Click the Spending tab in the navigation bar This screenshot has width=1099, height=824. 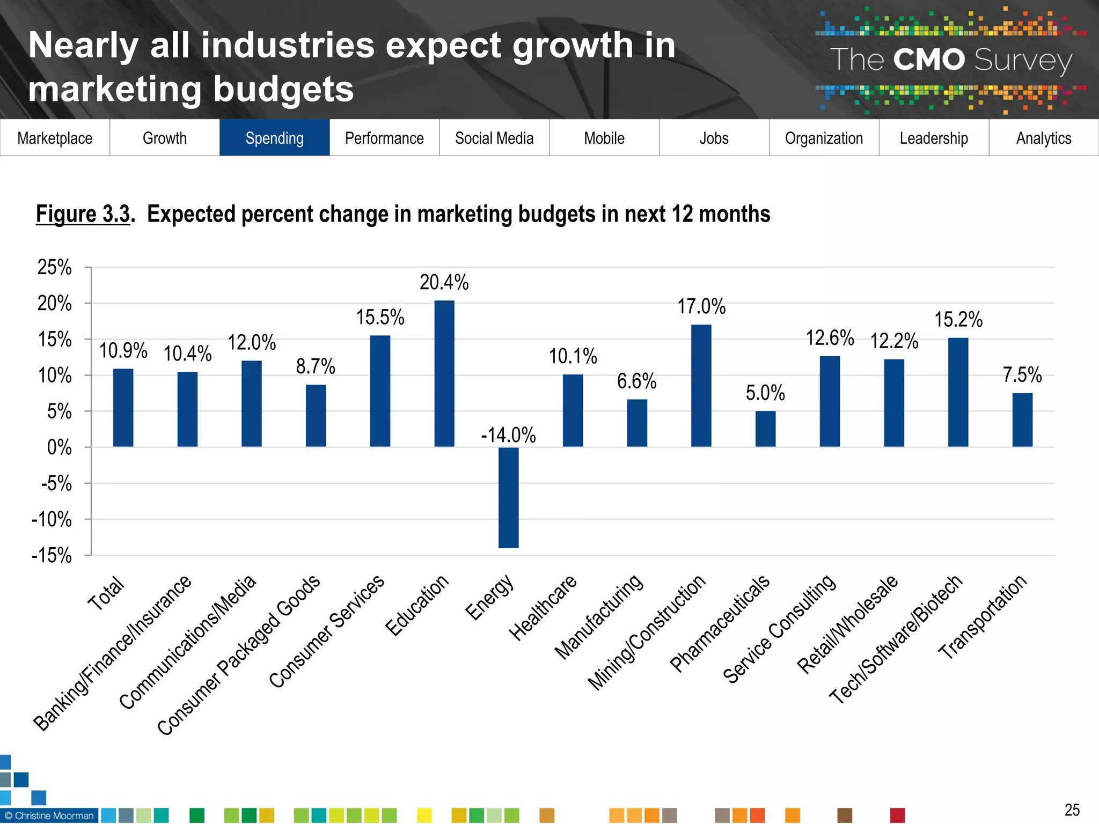[274, 138]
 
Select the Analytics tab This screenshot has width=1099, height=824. [1043, 138]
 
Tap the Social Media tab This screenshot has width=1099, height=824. [494, 138]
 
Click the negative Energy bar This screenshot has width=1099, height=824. [508, 497]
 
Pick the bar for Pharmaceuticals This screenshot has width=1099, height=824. [765, 429]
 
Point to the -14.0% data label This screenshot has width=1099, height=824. [508, 435]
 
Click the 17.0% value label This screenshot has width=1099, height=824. [701, 306]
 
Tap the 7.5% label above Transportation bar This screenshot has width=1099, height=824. [1022, 374]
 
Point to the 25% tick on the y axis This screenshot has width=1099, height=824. [55, 267]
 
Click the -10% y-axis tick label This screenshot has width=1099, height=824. [52, 519]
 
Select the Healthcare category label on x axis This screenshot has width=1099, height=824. [543, 608]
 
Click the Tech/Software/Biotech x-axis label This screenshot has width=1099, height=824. [896, 639]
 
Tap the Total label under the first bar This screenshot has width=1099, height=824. [106, 594]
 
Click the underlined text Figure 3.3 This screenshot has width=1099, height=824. [83, 214]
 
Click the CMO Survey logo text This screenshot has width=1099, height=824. [951, 60]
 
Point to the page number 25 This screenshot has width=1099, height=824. [1072, 810]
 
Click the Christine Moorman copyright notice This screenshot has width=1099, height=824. [49, 815]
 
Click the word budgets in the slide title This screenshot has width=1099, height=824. [283, 89]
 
